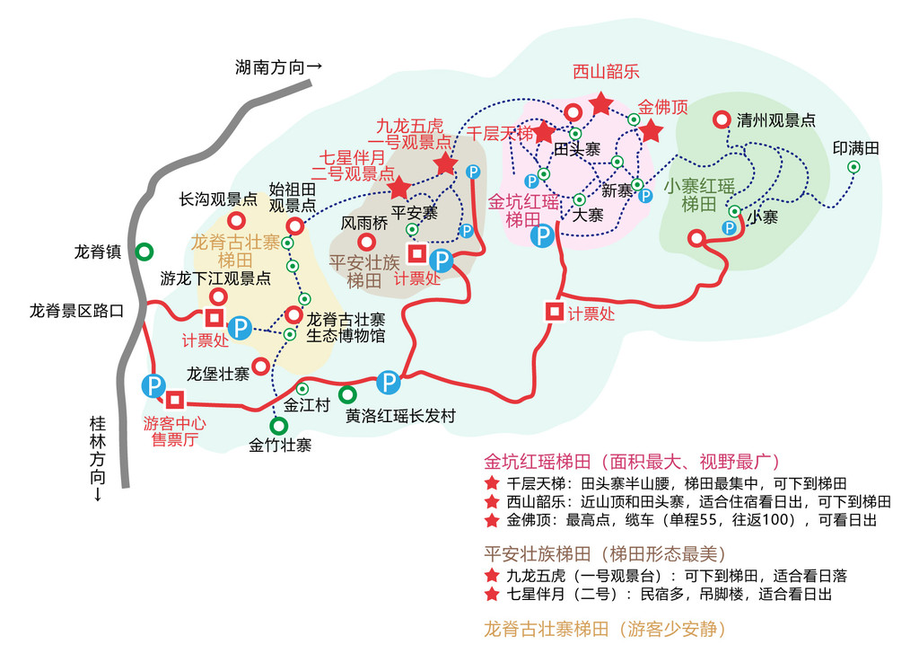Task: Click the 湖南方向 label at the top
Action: click(278, 66)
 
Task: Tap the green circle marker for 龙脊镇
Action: click(144, 252)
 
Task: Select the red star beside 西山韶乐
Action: click(600, 103)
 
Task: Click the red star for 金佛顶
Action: click(651, 132)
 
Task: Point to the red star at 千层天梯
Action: click(544, 132)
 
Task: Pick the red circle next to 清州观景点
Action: click(721, 119)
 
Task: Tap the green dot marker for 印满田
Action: click(853, 167)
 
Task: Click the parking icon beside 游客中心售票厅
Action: click(153, 386)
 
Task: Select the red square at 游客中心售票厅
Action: click(174, 400)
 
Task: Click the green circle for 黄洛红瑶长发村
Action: click(346, 394)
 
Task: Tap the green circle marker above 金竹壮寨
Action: click(279, 425)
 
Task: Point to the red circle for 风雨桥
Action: click(366, 243)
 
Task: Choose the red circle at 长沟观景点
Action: click(236, 220)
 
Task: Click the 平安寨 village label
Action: click(414, 213)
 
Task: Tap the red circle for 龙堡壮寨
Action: click(260, 366)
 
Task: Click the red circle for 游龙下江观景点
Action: click(217, 296)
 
